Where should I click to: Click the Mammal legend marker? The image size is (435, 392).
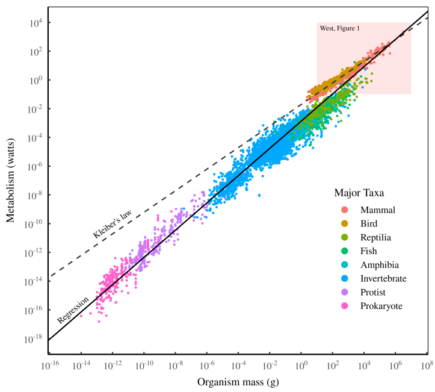(x=345, y=210)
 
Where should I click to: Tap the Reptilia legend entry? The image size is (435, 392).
(x=375, y=238)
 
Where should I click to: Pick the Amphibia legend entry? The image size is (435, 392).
(x=379, y=265)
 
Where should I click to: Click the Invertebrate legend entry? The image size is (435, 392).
(x=383, y=279)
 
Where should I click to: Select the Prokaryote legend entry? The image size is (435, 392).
(x=381, y=306)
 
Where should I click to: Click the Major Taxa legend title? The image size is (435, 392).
(x=360, y=193)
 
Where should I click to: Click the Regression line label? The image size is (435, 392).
(x=73, y=309)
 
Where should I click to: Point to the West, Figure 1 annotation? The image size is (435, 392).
(x=339, y=28)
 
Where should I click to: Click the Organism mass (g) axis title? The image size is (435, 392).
(x=238, y=382)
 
